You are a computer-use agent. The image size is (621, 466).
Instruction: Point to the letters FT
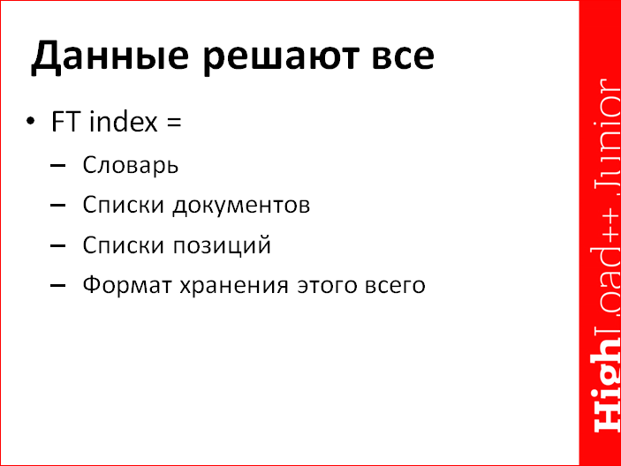[x=66, y=121]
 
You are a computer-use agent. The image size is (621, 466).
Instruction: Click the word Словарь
[x=131, y=165]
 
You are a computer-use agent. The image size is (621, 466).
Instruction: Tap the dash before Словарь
[x=58, y=165]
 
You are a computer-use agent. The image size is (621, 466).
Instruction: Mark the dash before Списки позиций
[x=58, y=245]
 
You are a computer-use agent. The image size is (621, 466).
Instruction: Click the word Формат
[x=121, y=286]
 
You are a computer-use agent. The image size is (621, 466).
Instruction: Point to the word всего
[x=391, y=286]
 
